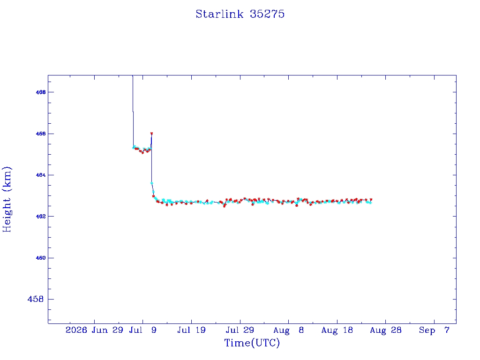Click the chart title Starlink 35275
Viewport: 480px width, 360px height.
point(240,14)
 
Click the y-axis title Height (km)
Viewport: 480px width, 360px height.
point(7,199)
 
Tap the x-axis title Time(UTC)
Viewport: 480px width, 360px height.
point(252,343)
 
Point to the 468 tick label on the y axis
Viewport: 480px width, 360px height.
point(41,92)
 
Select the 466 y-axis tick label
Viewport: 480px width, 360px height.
point(41,134)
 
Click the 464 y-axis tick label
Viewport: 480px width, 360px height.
point(41,175)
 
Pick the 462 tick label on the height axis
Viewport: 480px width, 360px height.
point(41,217)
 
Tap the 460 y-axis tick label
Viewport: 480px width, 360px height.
point(41,258)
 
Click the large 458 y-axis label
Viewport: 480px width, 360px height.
point(36,299)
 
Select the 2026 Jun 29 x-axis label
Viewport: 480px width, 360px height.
point(94,330)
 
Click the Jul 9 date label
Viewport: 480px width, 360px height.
point(142,330)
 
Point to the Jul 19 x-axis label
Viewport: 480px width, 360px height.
point(191,330)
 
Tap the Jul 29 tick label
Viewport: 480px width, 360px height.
point(240,330)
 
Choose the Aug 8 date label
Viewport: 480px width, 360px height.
point(288,330)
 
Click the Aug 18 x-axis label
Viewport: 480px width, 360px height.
point(337,330)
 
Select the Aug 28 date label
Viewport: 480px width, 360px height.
point(385,330)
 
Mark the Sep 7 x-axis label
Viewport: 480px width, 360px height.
point(434,330)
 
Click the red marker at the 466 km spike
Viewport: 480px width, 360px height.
point(151,134)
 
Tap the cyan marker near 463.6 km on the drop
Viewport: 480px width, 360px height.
point(151,183)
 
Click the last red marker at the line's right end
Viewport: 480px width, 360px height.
point(371,199)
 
